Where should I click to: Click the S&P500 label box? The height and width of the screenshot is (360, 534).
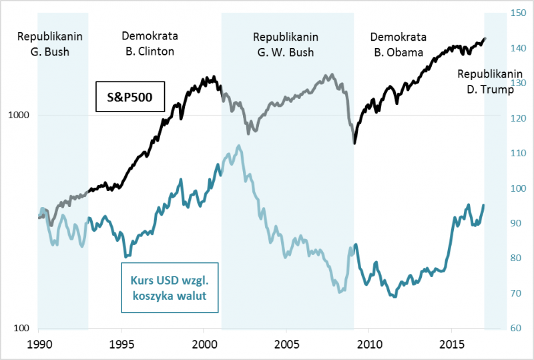130,98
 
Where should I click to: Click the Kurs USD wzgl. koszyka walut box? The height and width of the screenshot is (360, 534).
170,288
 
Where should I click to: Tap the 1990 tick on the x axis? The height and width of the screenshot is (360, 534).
38,342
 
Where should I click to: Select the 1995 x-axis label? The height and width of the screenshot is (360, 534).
121,342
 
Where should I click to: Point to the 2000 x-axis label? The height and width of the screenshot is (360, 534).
204,342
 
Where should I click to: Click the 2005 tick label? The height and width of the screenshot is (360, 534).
286,342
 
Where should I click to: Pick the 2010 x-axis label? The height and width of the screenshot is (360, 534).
369,342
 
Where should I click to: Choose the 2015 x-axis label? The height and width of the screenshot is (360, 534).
452,342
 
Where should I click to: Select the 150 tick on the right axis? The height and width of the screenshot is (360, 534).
518,13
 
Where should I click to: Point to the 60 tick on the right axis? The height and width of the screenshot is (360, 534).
516,328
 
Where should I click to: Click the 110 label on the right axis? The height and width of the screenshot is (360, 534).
518,153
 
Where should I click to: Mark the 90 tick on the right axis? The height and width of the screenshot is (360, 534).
516,223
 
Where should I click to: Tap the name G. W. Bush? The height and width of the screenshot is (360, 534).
286,51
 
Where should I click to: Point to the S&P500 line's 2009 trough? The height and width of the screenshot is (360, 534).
355,143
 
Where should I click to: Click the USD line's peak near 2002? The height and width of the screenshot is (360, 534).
239,146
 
